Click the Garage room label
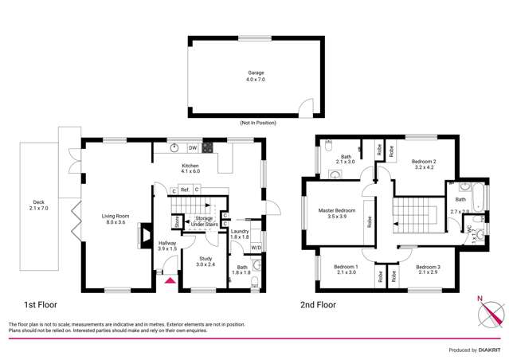tap(255, 76)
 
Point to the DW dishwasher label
tap(192, 148)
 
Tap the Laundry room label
tap(239, 233)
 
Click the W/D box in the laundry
tap(256, 248)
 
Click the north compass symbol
tap(487, 313)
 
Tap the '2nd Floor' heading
tap(318, 304)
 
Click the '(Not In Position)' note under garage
tap(255, 123)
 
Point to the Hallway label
tap(167, 246)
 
